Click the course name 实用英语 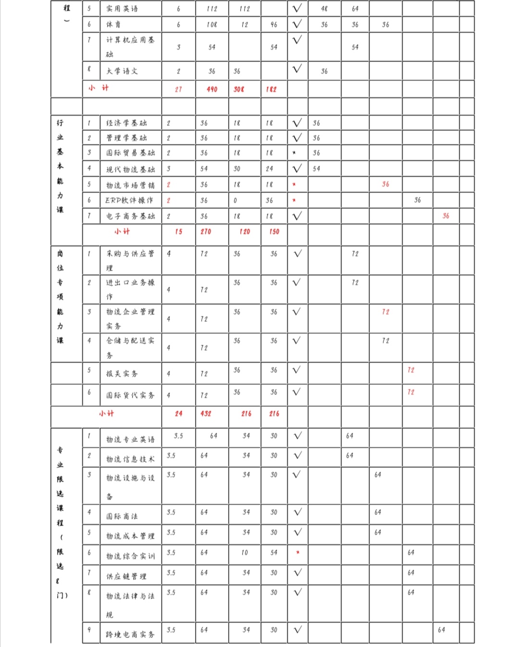pyautogui.click(x=122, y=9)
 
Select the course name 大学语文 pyautogui.click(x=122, y=71)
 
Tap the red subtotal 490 pyautogui.click(x=212, y=89)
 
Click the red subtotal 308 pyautogui.click(x=239, y=89)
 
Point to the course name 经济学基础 pyautogui.click(x=126, y=123)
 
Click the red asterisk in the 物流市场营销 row pyautogui.click(x=294, y=184)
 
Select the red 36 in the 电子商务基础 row pyautogui.click(x=446, y=216)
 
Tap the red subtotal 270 pyautogui.click(x=206, y=232)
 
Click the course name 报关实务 pyautogui.click(x=122, y=374)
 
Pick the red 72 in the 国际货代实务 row pyautogui.click(x=410, y=392)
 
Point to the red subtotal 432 pyautogui.click(x=206, y=414)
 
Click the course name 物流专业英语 pyautogui.click(x=130, y=439)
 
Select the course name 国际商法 pyautogui.click(x=122, y=516)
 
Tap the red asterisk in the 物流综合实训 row pyautogui.click(x=298, y=552)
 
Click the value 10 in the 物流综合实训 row pyautogui.click(x=245, y=552)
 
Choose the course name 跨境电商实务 pyautogui.click(x=130, y=635)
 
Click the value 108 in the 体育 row pyautogui.click(x=212, y=24)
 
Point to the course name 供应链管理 pyautogui.click(x=126, y=576)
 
